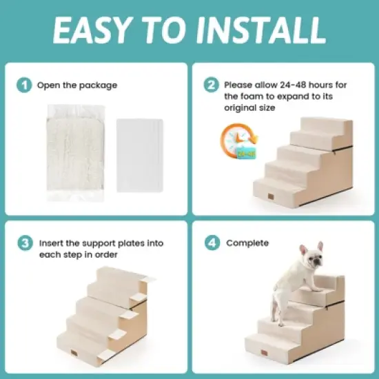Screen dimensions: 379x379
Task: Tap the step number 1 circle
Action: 25,85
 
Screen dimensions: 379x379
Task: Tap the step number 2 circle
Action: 211,85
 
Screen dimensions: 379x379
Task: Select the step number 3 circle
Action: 25,243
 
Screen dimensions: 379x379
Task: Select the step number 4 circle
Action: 211,243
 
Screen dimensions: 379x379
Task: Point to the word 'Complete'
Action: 247,243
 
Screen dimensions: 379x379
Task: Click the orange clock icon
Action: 234,141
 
